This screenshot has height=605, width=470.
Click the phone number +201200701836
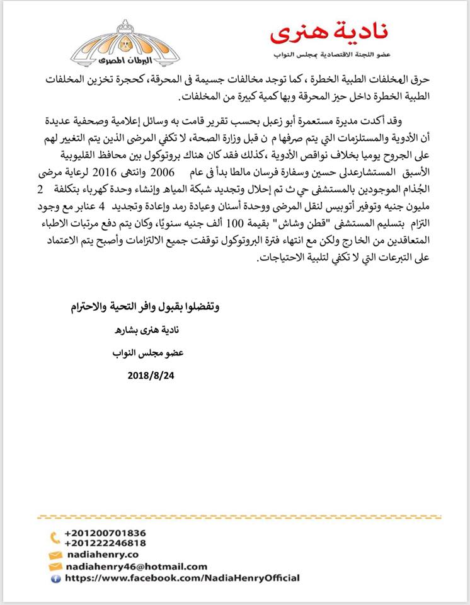[x=105, y=533]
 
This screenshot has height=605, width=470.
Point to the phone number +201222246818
[x=105, y=543]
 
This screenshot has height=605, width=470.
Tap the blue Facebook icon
[x=55, y=577]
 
